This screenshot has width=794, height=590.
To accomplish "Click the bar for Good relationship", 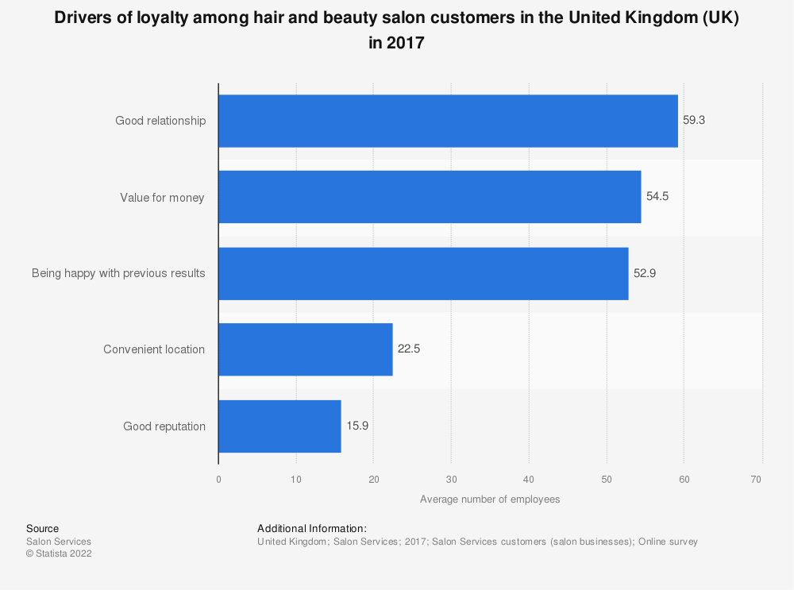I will click(x=448, y=121).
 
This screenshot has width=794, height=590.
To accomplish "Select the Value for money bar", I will click(x=430, y=197).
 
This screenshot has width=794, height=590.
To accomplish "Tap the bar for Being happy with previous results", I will click(x=423, y=273).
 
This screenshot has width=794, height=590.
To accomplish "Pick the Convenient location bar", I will click(x=306, y=349).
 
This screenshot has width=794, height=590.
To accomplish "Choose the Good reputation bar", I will click(x=279, y=426).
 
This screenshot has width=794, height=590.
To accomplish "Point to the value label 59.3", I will click(x=694, y=121).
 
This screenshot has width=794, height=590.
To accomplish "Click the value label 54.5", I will click(x=657, y=197).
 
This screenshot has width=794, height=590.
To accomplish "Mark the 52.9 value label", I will click(x=645, y=273).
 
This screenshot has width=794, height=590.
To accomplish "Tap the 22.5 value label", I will click(x=409, y=349).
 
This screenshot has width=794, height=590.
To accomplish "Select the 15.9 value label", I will click(x=357, y=426).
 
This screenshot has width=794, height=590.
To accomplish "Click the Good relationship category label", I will click(x=160, y=121).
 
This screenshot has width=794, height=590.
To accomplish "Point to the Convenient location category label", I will click(x=154, y=349).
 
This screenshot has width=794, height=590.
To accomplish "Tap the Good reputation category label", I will click(x=164, y=426).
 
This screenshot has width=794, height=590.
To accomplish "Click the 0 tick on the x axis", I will click(x=218, y=479).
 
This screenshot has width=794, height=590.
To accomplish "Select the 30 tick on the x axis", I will click(x=451, y=479).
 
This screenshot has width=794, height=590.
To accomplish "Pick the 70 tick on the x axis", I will click(x=756, y=479).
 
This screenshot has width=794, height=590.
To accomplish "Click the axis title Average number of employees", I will click(x=490, y=499).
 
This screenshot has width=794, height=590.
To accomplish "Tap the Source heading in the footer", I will click(x=42, y=528).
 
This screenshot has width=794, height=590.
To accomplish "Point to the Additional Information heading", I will click(x=312, y=528).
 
